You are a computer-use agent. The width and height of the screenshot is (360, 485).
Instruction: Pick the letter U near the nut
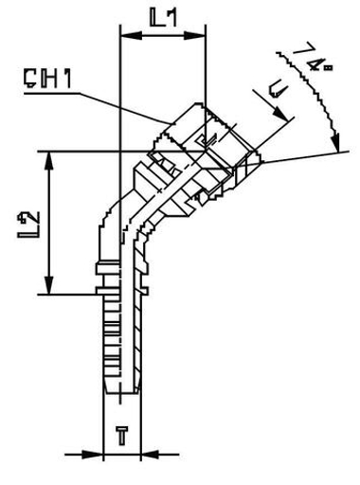click(276, 92)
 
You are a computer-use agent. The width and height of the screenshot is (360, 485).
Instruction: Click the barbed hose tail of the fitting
click(120, 350)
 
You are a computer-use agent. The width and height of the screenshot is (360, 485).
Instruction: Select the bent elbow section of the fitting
click(128, 223)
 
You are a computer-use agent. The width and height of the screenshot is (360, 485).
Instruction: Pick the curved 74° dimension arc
click(322, 95)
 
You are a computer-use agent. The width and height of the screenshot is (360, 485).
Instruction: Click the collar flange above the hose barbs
click(120, 275)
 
